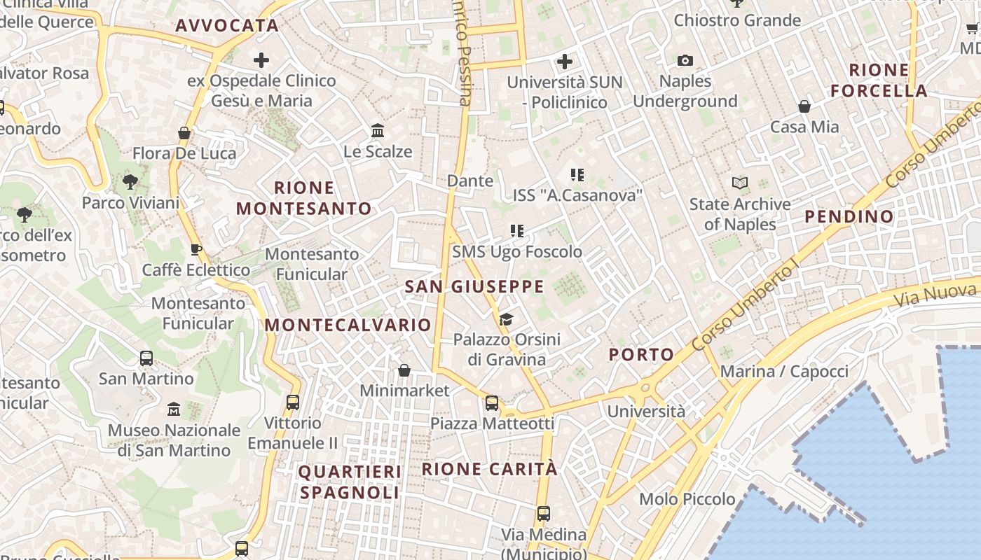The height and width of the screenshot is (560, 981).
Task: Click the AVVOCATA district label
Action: point(227,26)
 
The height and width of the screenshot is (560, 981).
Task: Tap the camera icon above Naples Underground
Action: point(685,61)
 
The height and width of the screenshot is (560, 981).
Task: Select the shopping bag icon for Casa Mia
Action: point(804,106)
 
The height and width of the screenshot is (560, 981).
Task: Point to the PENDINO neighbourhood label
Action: point(849,216)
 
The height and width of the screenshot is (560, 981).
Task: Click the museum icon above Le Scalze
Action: point(378,130)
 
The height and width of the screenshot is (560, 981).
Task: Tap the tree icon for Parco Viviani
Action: point(130,183)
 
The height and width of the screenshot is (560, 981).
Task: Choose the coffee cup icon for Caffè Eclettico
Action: point(196,250)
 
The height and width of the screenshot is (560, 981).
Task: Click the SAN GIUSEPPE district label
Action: point(474,286)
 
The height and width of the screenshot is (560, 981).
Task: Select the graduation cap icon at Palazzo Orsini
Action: point(506,320)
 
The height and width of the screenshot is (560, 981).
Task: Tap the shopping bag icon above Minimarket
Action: point(404,370)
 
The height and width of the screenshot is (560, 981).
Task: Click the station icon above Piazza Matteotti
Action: point(492,403)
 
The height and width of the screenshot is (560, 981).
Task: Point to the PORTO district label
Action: point(641,355)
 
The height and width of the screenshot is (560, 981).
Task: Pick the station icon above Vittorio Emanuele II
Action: point(293,402)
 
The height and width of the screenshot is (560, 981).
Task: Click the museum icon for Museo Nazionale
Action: point(174,409)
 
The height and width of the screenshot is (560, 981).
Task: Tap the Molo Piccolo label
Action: point(687,499)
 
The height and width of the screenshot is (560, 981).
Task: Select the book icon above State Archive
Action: point(740,183)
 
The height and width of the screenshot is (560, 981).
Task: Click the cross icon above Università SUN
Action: point(565,62)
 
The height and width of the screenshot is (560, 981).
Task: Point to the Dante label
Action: point(470,181)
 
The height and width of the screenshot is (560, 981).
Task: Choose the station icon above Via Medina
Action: point(544,514)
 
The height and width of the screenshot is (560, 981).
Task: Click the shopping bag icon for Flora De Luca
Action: point(184,133)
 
